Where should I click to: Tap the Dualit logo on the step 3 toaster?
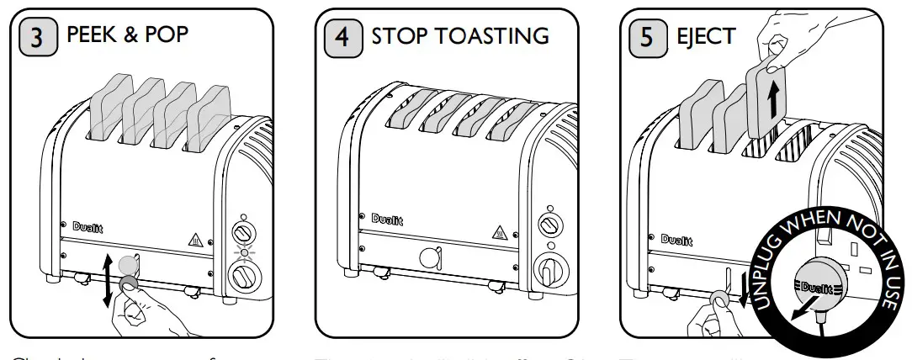[87, 225]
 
